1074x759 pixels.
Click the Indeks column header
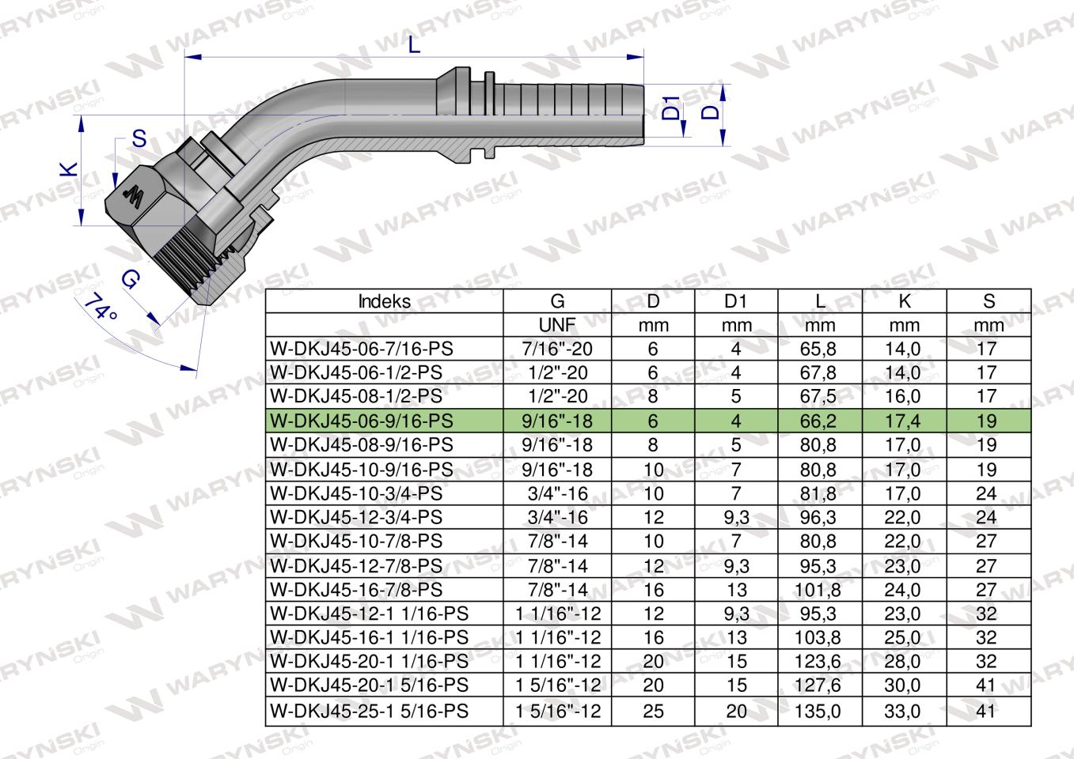point(384,301)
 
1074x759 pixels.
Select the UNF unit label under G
point(558,325)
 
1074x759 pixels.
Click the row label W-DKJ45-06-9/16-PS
point(362,421)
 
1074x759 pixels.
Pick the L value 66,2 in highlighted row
point(818,421)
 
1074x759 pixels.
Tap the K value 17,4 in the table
point(904,421)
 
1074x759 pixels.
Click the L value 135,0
point(818,711)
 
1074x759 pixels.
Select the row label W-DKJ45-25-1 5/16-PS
point(369,711)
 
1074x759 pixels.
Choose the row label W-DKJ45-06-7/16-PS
point(362,349)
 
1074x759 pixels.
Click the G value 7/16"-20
point(558,349)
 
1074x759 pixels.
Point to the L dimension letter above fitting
point(415,46)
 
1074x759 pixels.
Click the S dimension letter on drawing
point(139,139)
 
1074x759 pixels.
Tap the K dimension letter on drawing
point(70,168)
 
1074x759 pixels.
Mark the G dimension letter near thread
point(132,278)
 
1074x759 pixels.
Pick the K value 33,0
point(904,711)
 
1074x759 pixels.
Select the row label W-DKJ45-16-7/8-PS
point(356,590)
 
